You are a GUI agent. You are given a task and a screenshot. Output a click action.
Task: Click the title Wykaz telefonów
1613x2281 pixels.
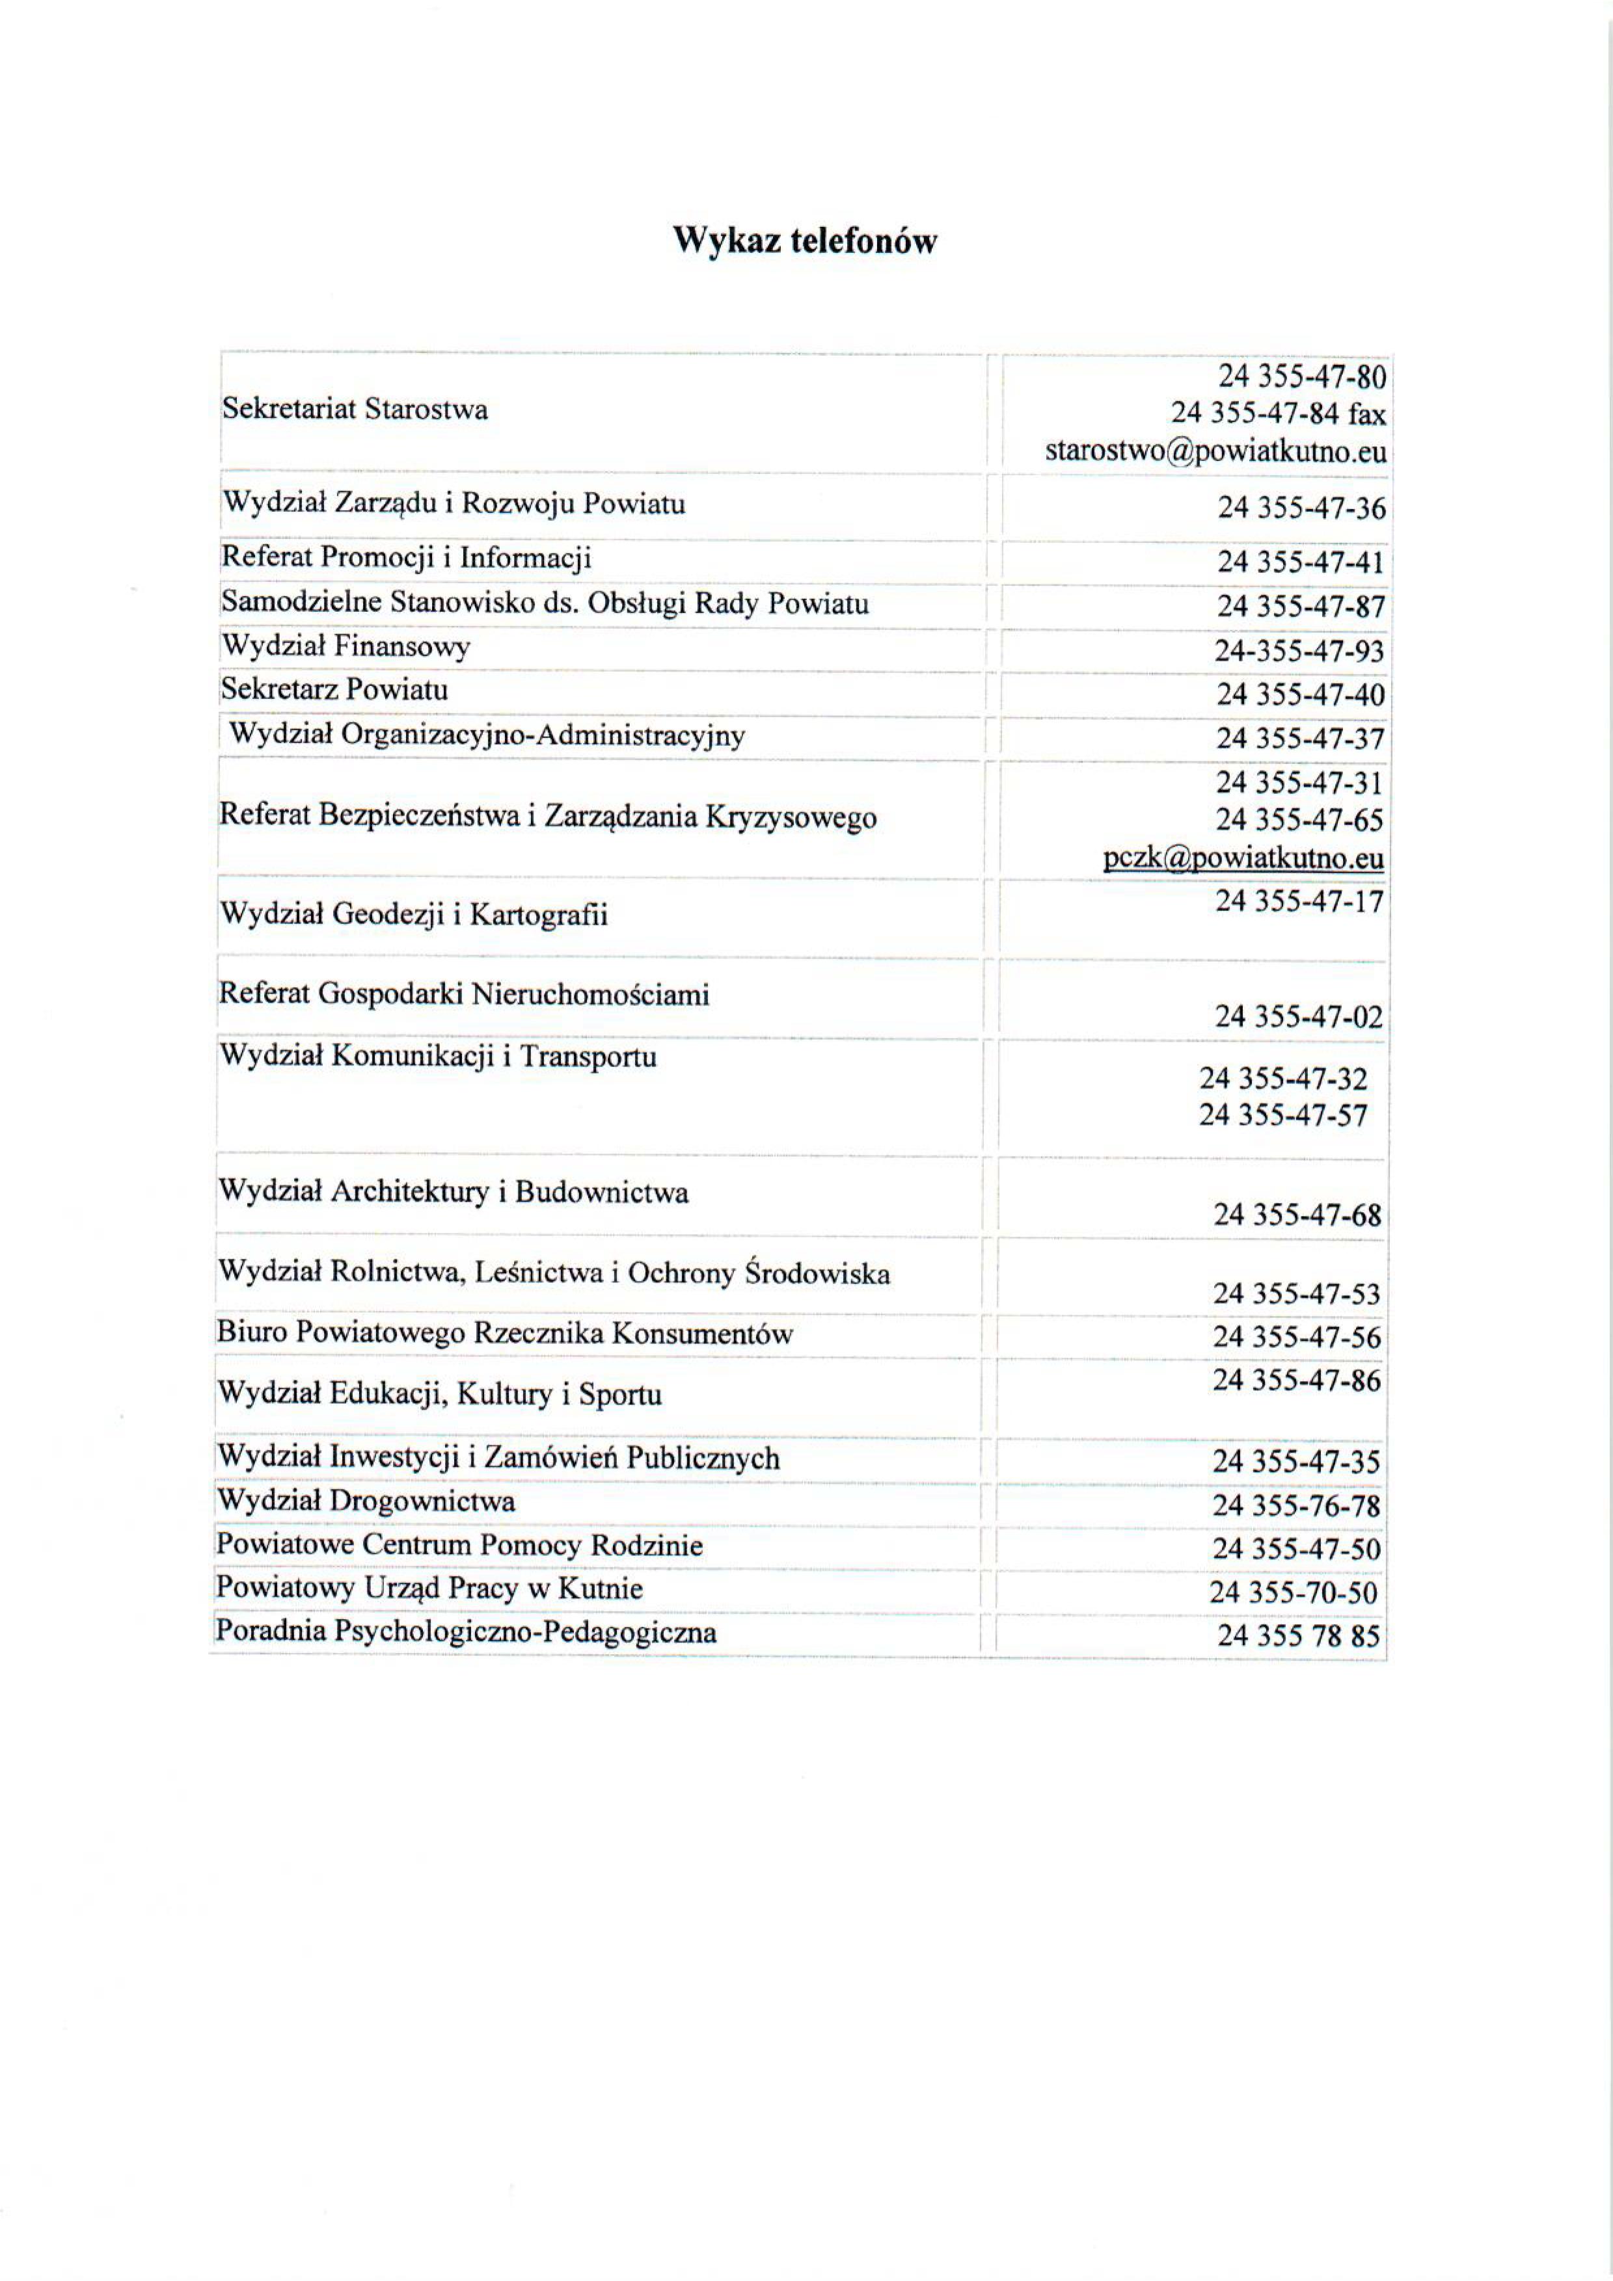click(x=805, y=241)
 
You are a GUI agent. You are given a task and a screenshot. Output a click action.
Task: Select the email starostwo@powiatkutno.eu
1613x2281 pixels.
click(x=1215, y=452)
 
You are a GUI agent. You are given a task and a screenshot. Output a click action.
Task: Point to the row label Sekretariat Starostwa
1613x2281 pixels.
click(x=355, y=409)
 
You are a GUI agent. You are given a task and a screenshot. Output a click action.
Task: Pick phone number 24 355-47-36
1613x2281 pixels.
click(x=1301, y=508)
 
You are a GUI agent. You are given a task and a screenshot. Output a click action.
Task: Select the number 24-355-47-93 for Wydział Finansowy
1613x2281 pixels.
click(x=1299, y=652)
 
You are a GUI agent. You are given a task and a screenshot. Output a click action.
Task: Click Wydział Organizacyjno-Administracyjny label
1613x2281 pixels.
click(x=487, y=735)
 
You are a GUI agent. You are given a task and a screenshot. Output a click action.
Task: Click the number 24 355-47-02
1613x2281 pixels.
click(x=1298, y=1016)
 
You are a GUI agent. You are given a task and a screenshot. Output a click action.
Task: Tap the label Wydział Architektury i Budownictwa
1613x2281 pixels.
click(x=454, y=1191)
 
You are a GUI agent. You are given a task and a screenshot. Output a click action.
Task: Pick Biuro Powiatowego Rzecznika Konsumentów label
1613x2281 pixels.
click(x=505, y=1333)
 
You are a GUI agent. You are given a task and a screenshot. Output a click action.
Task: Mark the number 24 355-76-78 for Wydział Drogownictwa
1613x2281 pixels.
click(x=1296, y=1506)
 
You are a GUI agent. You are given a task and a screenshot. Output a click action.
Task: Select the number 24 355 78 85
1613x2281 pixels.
click(x=1298, y=1635)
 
